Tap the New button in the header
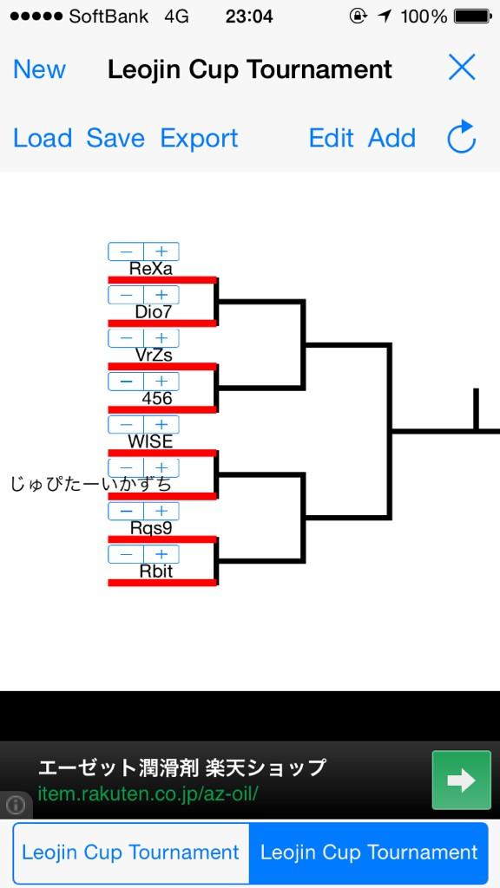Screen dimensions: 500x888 (x=39, y=69)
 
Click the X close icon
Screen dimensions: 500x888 (x=462, y=68)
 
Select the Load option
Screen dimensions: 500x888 (x=43, y=138)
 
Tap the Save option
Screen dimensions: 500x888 (x=115, y=138)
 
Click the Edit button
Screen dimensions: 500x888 (x=331, y=138)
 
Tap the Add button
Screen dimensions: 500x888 (x=391, y=138)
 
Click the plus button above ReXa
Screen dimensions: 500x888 (x=161, y=251)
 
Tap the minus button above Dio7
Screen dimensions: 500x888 (x=126, y=295)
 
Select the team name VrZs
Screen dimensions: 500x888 (x=154, y=355)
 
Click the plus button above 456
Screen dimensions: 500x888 (x=161, y=382)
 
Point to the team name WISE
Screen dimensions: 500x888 (x=150, y=441)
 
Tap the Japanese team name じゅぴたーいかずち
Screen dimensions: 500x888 (x=90, y=485)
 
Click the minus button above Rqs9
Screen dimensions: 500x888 (x=126, y=512)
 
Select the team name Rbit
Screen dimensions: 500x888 (x=156, y=571)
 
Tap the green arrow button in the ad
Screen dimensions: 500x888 (x=462, y=780)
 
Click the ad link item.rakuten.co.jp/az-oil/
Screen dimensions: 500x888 (x=148, y=793)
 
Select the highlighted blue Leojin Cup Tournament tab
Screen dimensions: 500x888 (x=368, y=852)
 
